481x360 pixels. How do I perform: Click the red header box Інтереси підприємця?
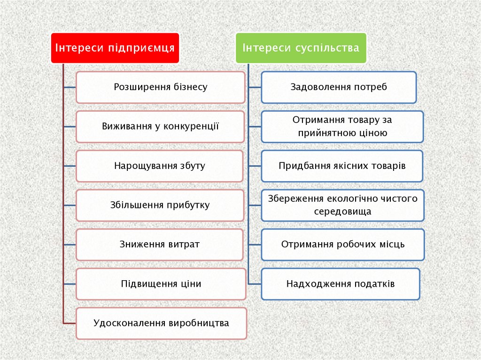[x=115, y=48]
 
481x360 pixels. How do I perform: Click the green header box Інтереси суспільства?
[x=301, y=48]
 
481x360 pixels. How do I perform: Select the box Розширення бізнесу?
[x=160, y=87]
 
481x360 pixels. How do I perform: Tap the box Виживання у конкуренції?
[x=160, y=127]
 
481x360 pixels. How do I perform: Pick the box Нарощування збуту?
[x=160, y=166]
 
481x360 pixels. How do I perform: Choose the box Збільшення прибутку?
[x=160, y=206]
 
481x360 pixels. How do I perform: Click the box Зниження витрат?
[x=160, y=245]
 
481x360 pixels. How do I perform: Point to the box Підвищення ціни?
[x=161, y=284]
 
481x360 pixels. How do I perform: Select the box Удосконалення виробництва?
[x=161, y=323]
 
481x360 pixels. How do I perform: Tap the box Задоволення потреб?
[x=339, y=87]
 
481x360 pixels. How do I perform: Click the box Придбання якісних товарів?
[x=342, y=166]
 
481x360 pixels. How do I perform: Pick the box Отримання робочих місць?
[x=342, y=245]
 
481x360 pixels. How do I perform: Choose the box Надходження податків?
[x=341, y=284]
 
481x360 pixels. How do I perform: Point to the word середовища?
[x=342, y=212]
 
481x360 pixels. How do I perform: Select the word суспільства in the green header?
[x=327, y=48]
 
